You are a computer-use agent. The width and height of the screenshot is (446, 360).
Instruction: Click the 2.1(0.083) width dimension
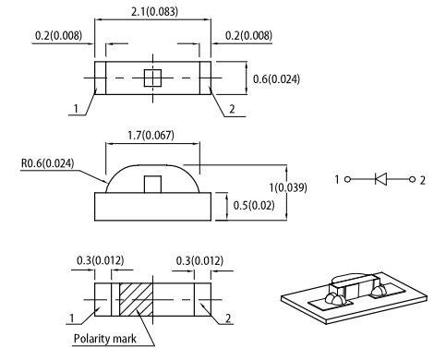tap(154, 12)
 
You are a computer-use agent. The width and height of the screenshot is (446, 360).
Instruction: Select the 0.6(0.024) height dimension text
tap(276, 79)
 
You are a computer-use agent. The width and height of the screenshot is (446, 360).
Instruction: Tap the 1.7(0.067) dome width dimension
tap(151, 135)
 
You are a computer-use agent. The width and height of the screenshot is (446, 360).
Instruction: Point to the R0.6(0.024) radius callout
tap(48, 163)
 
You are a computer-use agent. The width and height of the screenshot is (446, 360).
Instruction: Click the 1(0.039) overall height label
tap(288, 187)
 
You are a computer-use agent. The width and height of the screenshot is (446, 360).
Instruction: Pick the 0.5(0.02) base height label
tap(254, 205)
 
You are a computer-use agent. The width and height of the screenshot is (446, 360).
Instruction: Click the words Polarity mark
tap(104, 339)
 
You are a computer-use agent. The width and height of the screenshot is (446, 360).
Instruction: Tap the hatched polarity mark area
tap(136, 299)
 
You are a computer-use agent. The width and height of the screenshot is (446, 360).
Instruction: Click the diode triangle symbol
tap(381, 179)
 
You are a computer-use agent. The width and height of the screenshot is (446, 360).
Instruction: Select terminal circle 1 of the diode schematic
tap(347, 179)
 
